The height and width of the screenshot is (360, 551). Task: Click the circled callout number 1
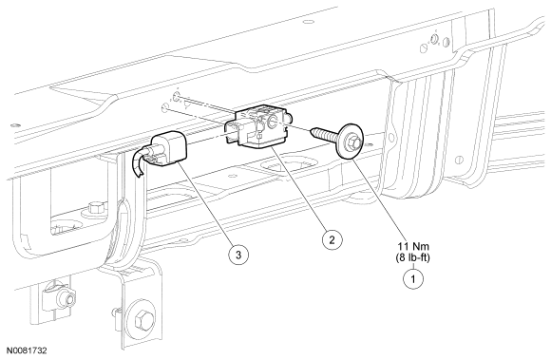pos(413,279)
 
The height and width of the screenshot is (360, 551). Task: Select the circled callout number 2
pos(332,239)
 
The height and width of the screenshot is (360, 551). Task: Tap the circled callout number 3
pos(238,255)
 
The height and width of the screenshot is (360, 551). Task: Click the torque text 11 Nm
pos(413,246)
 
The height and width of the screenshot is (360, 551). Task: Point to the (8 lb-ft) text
pos(413,257)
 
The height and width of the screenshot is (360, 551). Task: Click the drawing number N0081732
pos(25,351)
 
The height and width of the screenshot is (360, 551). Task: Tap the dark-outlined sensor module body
pos(259,128)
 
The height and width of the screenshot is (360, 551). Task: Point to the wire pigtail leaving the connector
pos(138,161)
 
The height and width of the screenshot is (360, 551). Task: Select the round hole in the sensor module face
pos(273,122)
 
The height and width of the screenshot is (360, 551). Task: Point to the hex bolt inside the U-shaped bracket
pos(95,208)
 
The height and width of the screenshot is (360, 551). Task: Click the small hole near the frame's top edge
pos(308,22)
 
